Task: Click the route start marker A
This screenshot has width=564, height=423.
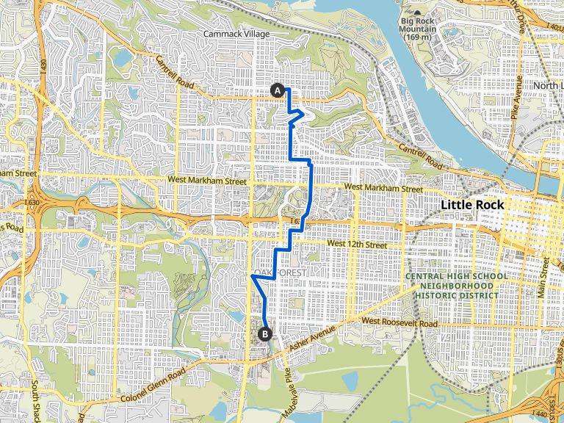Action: [278, 90]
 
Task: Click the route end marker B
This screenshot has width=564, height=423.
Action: [264, 333]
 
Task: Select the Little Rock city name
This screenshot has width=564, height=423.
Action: [473, 205]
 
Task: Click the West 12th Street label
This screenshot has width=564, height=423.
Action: [356, 243]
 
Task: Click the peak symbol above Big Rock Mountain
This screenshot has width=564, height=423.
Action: [418, 13]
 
